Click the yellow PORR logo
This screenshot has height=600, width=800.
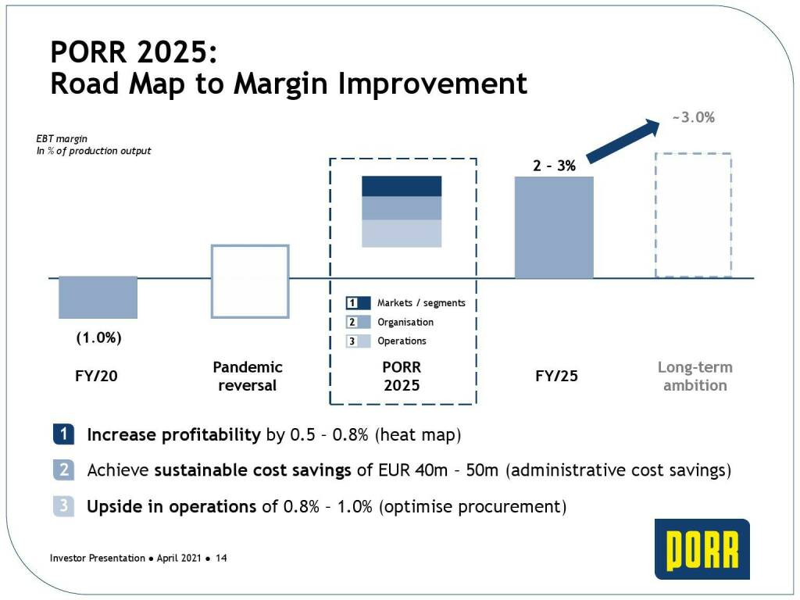702,548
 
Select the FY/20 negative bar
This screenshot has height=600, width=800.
98,297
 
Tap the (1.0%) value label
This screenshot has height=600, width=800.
98,339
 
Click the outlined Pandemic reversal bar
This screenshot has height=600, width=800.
250,281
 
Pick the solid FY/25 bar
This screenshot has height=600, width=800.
554,227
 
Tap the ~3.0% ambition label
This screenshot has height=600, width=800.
694,118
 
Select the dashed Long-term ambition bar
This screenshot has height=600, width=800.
693,215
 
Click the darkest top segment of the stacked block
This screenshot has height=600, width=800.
402,186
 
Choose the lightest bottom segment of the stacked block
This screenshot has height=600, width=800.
402,234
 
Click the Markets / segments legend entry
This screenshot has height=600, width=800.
420,303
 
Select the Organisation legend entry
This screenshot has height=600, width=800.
405,322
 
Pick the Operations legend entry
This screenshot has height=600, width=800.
402,341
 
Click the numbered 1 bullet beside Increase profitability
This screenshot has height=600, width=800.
63,434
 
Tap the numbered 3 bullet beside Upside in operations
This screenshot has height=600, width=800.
63,506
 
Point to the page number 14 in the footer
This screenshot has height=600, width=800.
221,559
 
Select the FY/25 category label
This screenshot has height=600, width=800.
556,376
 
